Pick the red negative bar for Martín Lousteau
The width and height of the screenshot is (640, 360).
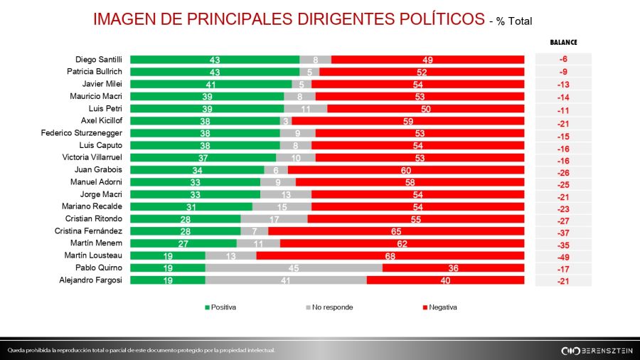(390, 255)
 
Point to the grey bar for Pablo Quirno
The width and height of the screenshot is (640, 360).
(294, 268)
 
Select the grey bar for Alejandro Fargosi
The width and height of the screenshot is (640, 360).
(286, 280)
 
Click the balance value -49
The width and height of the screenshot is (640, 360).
(563, 255)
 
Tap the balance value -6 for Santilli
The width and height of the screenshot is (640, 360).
(563, 60)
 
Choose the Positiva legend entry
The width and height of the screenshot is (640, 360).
(220, 307)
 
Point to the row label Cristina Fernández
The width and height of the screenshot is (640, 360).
(89, 231)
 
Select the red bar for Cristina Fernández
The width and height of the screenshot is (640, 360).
(396, 231)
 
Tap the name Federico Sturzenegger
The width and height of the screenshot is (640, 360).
(82, 133)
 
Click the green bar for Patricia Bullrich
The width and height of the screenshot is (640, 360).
(215, 72)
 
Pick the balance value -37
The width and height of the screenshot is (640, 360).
(563, 231)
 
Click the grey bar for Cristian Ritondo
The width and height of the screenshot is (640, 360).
(274, 219)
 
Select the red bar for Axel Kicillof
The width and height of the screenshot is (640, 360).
(407, 121)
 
